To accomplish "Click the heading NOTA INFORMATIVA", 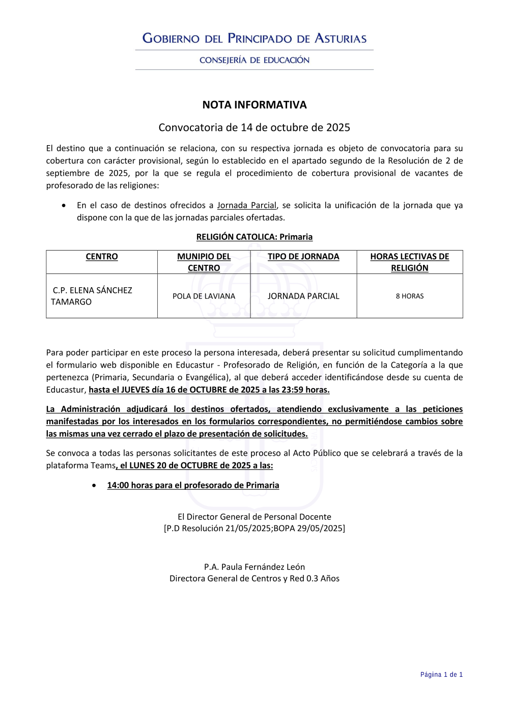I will (x=254, y=105).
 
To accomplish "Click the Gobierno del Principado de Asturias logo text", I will (x=254, y=38).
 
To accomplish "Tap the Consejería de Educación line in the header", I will (x=254, y=60).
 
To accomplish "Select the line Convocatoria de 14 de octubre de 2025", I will (x=254, y=127).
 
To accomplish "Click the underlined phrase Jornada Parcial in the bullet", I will (x=246, y=205).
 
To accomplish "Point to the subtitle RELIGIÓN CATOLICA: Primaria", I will (x=254, y=237).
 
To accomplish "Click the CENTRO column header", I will (x=102, y=257).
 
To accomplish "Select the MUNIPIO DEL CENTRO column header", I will (x=204, y=262).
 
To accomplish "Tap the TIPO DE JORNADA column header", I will (x=303, y=257).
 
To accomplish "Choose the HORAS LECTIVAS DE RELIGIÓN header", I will (x=410, y=262).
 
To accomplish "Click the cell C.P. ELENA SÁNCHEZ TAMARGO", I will (x=92, y=296).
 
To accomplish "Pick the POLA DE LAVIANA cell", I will (x=204, y=296).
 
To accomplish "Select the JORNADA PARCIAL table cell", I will (x=303, y=296).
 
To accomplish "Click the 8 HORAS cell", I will (x=410, y=296).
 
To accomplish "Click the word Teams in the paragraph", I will (x=103, y=465).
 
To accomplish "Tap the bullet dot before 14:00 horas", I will (x=94, y=485).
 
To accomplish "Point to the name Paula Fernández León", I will (x=263, y=567).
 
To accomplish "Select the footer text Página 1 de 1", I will (x=441, y=675).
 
